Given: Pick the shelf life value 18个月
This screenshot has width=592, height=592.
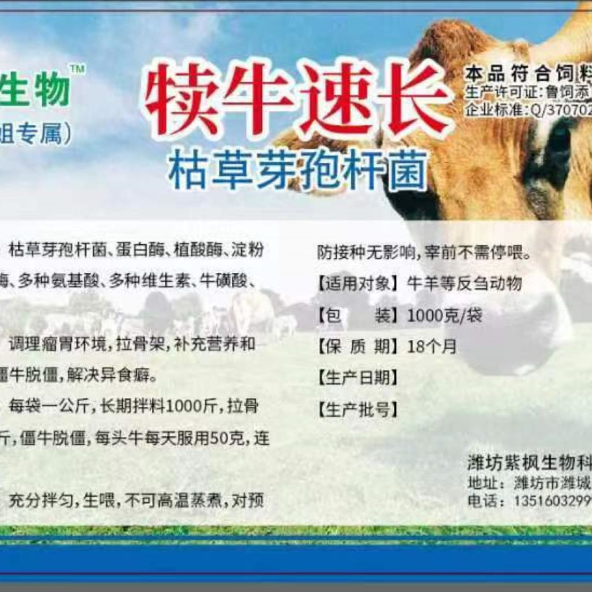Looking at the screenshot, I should (x=431, y=346).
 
